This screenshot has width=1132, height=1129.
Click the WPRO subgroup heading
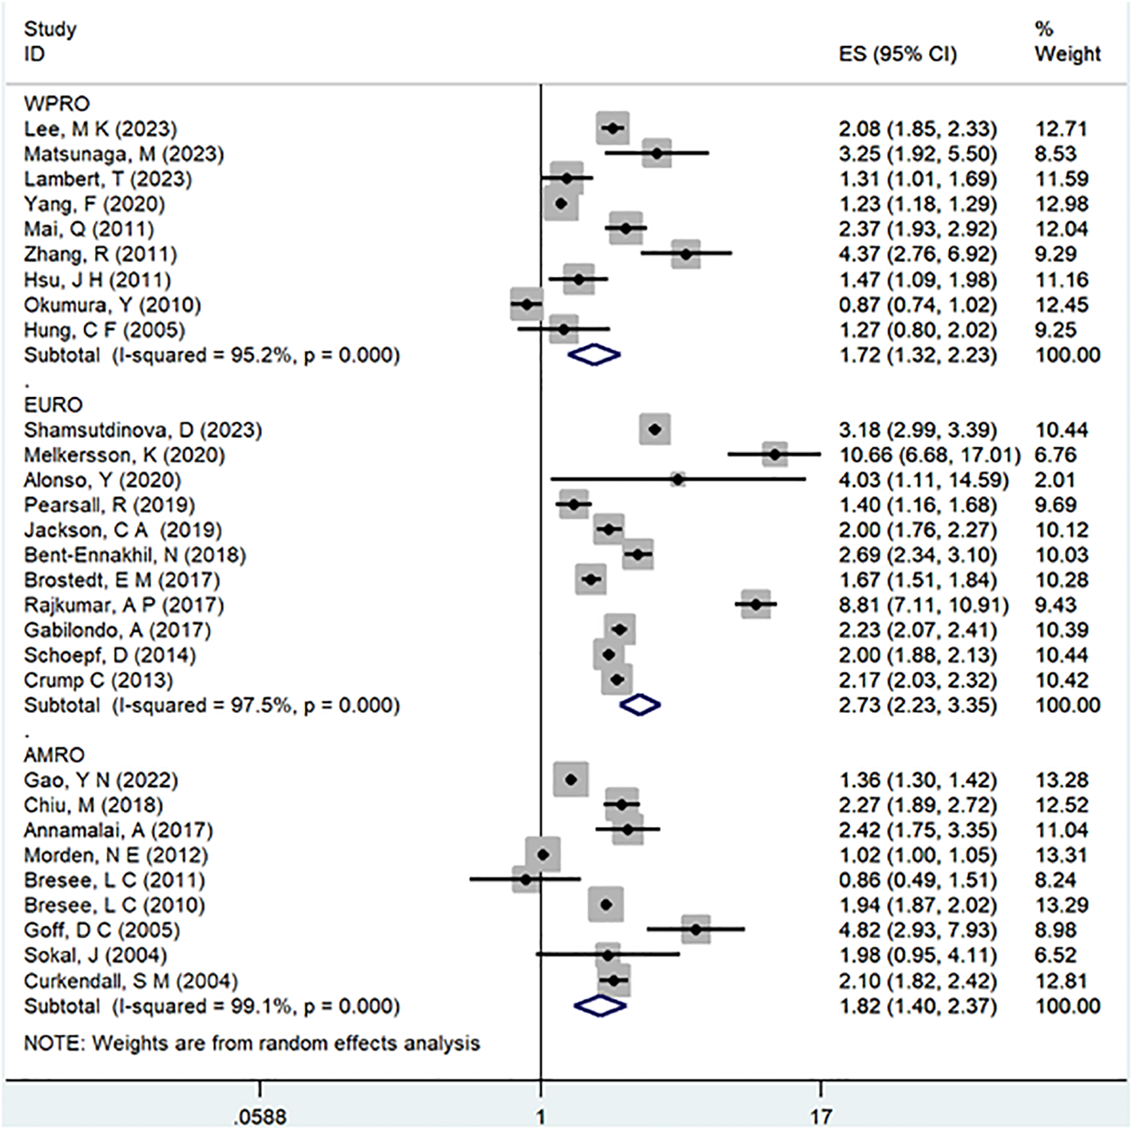57,104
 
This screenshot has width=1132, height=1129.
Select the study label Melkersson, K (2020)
124,455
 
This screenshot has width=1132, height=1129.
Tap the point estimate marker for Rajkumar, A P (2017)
756,605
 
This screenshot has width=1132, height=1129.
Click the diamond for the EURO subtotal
640,705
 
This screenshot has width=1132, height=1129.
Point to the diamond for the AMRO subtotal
599,1006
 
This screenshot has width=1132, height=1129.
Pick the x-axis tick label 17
820,1116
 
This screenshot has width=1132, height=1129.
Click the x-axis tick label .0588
260,1116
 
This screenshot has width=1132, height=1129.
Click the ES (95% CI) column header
897,54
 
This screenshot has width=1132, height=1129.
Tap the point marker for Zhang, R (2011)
685,254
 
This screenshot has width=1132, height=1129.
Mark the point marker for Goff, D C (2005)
696,929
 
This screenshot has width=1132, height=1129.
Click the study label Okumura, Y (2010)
112,305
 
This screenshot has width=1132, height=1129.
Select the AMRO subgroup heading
54,755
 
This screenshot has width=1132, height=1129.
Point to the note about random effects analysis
252,1044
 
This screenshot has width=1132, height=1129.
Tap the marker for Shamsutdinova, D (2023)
655,430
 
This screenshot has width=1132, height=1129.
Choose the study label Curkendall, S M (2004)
130,981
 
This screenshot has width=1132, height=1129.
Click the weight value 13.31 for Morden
1060,856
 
